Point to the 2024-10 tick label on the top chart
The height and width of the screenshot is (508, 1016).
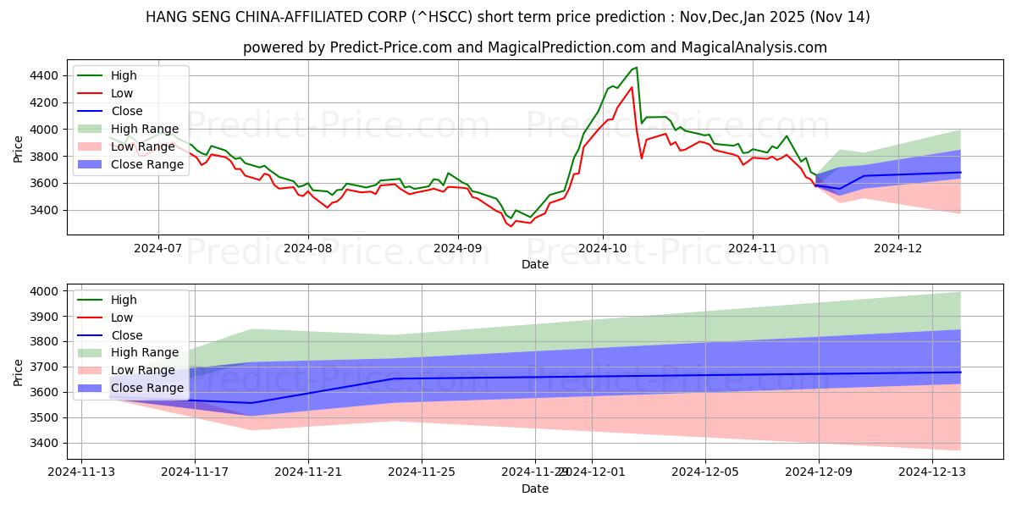(602, 249)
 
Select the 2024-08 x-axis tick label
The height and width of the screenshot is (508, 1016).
(307, 249)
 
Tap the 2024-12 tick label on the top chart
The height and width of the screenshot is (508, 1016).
(898, 249)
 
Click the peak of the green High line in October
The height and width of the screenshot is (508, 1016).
(637, 68)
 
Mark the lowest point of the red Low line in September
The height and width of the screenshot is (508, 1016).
(511, 226)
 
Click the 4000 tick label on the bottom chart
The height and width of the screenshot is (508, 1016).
(45, 291)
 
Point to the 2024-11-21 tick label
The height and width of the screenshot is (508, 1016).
(308, 471)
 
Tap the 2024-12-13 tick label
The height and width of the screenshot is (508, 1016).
(932, 471)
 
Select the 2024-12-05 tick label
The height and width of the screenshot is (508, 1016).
(705, 471)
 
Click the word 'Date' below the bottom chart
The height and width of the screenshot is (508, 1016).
(534, 489)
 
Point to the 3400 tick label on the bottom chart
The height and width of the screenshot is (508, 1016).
(45, 443)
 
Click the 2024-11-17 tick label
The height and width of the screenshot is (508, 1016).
(195, 471)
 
